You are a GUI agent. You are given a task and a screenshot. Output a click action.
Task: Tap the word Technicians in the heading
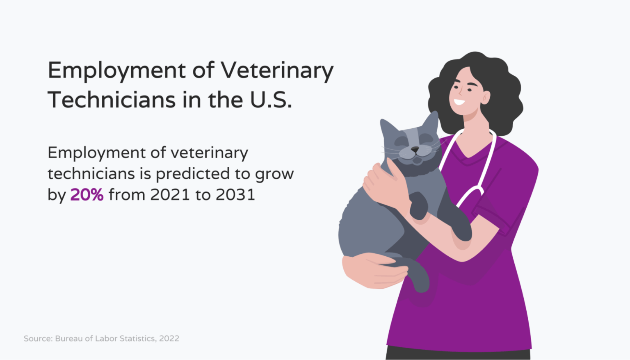tap(112, 100)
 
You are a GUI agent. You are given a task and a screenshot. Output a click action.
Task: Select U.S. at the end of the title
tap(271, 100)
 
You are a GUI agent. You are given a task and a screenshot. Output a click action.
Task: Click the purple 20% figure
tap(87, 195)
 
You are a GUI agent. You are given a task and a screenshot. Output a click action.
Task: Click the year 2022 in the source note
tap(169, 338)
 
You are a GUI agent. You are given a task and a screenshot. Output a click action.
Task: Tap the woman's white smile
tap(459, 102)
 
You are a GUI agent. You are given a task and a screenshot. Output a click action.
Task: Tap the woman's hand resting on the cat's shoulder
tap(385, 183)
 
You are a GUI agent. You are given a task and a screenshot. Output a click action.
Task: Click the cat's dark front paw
tap(418, 206)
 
